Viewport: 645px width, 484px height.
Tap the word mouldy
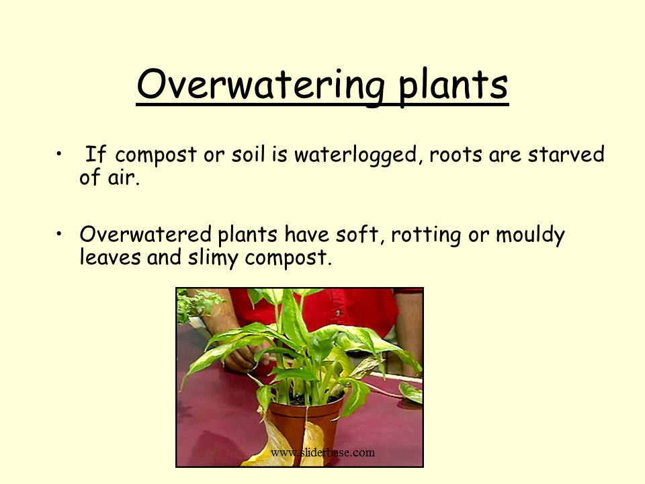point(530,236)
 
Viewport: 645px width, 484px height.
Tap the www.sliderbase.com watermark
point(322,452)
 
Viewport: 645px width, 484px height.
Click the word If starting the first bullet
point(97,155)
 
